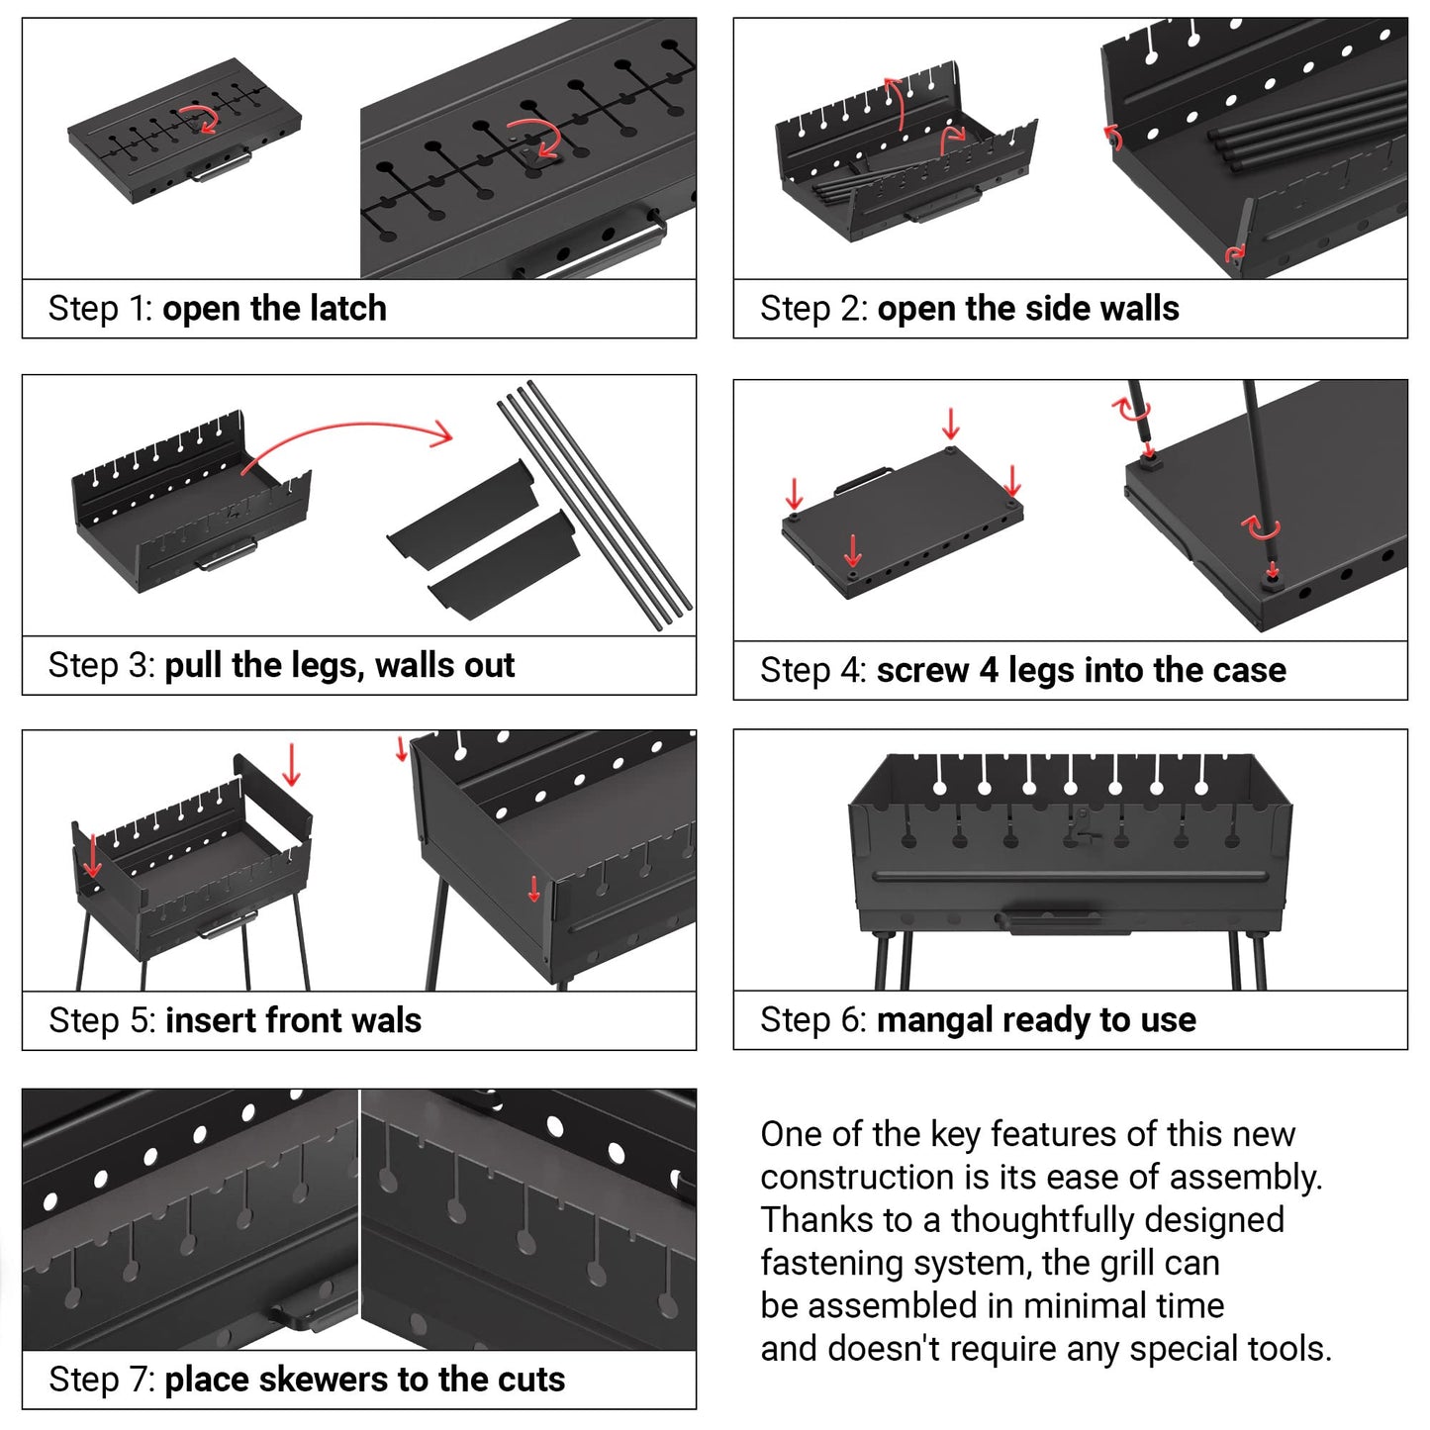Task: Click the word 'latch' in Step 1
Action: click(347, 309)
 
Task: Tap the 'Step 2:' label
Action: click(812, 309)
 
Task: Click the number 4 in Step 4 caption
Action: click(988, 671)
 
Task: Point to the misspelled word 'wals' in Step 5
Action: click(389, 1020)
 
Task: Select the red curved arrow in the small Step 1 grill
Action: click(205, 118)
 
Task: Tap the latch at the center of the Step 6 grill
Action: click(1084, 824)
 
